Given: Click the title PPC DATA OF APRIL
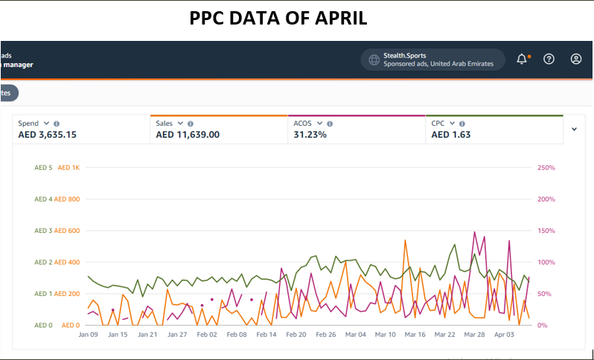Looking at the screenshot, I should (278, 18).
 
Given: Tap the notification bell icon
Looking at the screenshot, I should (521, 59).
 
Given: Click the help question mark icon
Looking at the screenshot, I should (549, 59).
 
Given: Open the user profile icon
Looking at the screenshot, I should (576, 59).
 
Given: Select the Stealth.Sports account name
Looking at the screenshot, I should (405, 55).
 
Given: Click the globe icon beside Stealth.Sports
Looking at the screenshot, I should (374, 60).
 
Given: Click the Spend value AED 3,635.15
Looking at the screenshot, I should (47, 135).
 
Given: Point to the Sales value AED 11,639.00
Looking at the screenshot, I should (188, 135).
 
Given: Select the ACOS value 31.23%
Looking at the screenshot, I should (310, 135).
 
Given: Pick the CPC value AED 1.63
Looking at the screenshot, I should (450, 135).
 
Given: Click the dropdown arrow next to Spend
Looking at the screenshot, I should (46, 123).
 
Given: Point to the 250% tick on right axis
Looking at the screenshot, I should (546, 168).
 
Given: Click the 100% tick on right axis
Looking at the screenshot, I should (546, 263).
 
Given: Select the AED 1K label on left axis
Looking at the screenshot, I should (68, 168).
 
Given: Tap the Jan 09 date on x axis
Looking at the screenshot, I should (88, 335).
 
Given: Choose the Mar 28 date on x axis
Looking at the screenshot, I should (474, 335).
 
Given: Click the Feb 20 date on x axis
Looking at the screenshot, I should (296, 335).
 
